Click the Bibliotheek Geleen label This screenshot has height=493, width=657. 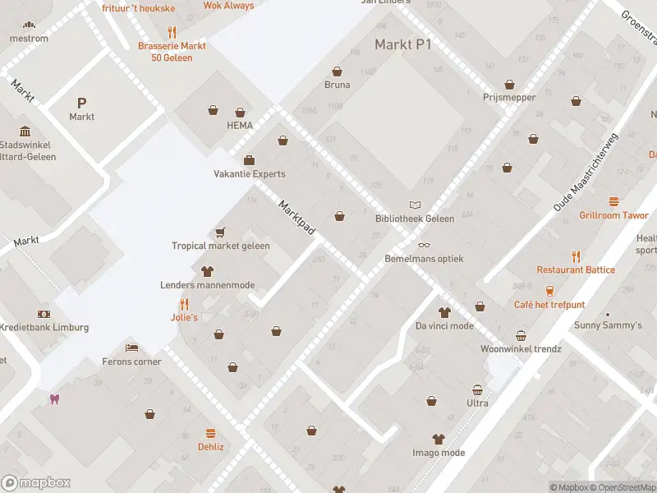(x=414, y=219)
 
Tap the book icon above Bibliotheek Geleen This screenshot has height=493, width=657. (x=415, y=205)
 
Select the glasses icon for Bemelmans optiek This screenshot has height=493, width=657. (x=424, y=245)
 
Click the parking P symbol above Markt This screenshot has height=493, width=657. (x=81, y=103)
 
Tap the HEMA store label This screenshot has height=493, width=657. (x=240, y=126)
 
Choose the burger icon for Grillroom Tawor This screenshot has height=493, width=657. (x=613, y=201)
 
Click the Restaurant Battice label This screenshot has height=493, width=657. (x=576, y=270)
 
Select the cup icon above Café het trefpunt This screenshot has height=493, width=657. (x=549, y=291)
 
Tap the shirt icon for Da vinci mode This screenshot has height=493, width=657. (x=444, y=312)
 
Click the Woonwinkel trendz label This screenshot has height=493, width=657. (x=521, y=348)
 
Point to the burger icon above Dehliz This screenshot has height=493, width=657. (x=210, y=433)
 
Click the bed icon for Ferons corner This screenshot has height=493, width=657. (x=131, y=348)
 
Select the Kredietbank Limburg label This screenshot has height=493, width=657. (x=44, y=327)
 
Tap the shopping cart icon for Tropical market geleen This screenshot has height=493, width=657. (x=220, y=233)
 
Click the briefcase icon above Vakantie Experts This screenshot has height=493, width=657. (x=249, y=160)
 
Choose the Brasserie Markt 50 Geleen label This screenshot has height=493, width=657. (x=172, y=52)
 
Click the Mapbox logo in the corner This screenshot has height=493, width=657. (x=36, y=483)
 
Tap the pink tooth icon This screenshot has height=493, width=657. (x=56, y=399)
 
